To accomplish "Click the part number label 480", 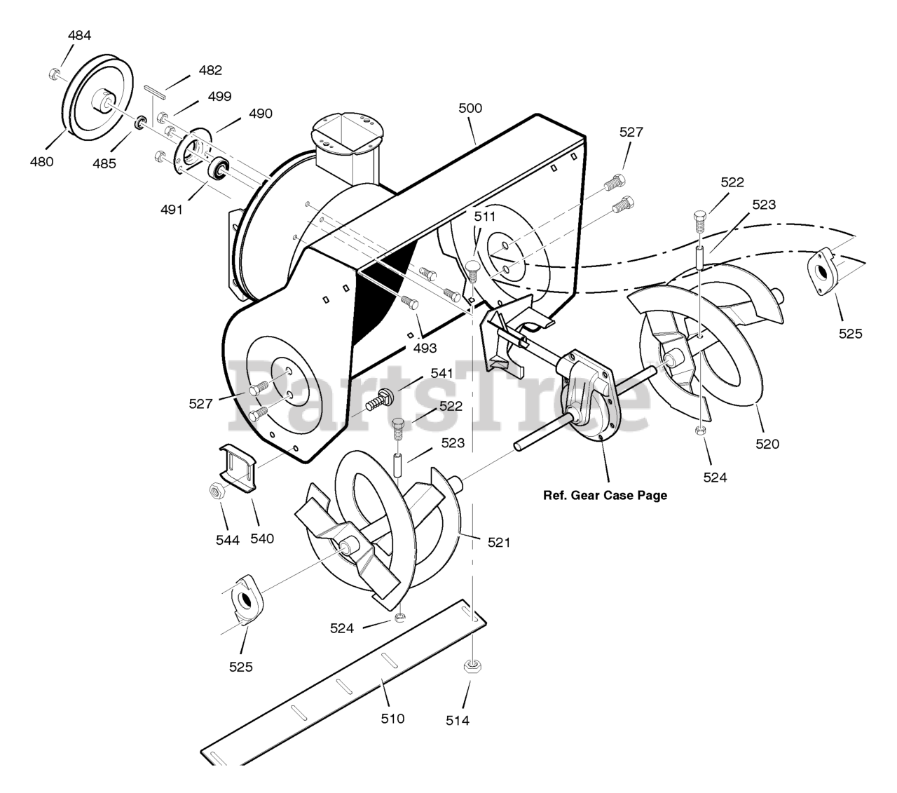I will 41,161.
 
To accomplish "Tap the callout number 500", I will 470,109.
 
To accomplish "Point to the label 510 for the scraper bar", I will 392,718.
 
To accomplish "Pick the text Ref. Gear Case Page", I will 605,495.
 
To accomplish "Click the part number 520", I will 767,443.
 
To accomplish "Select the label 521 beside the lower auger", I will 499,541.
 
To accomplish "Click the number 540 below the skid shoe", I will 262,538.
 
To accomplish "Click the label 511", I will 484,216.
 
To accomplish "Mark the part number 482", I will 210,70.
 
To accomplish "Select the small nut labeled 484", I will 55,73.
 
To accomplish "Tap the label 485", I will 104,163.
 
